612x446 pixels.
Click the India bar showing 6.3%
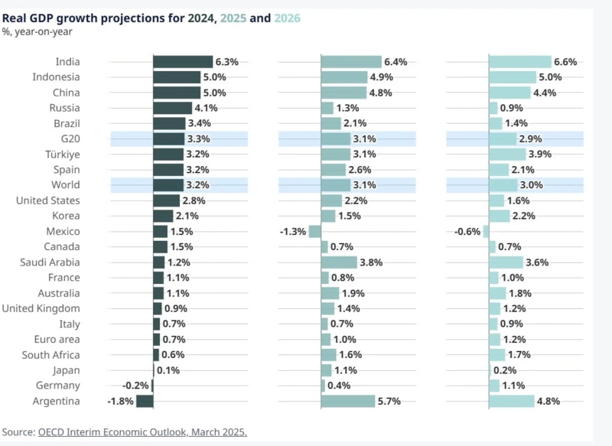pyautogui.click(x=183, y=62)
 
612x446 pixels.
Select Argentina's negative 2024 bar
pyautogui.click(x=145, y=401)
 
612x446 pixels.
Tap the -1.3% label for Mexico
pyautogui.click(x=294, y=232)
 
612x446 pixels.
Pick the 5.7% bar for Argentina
pyautogui.click(x=348, y=401)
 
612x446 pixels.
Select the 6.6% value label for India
pyautogui.click(x=565, y=62)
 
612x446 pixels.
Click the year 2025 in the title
pyautogui.click(x=233, y=17)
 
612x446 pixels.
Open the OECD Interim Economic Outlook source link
pyautogui.click(x=142, y=432)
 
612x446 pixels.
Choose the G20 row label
pyautogui.click(x=70, y=139)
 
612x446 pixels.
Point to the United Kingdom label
pyautogui.click(x=41, y=308)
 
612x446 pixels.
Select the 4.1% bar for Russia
pyautogui.click(x=172, y=108)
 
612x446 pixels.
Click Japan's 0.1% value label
pyautogui.click(x=168, y=370)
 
